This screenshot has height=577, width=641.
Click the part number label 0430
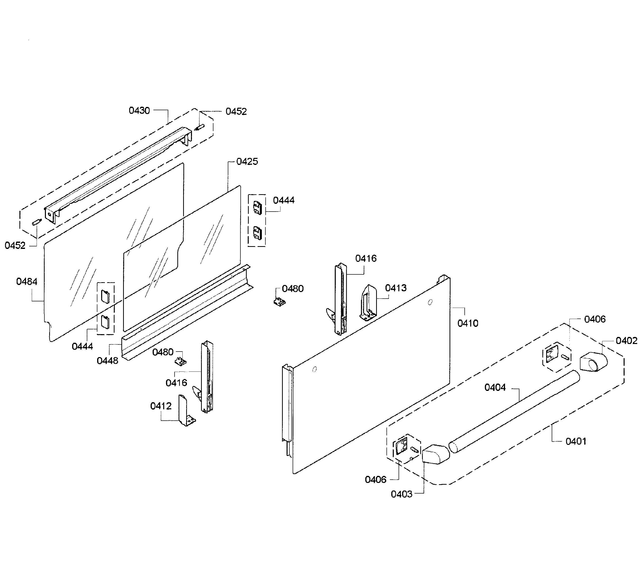(139, 111)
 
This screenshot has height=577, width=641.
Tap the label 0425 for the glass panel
(247, 162)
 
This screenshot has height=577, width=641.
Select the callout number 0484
(27, 281)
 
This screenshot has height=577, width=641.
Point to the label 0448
(107, 361)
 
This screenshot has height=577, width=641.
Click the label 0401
(576, 441)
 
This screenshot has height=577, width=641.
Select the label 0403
(401, 494)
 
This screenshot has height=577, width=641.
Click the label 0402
(626, 341)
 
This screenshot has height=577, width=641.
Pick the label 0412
(161, 406)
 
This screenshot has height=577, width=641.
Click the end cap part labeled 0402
(593, 361)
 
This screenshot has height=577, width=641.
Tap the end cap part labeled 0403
(435, 455)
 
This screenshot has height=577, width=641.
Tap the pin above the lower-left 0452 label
(37, 222)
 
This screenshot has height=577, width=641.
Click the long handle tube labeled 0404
(514, 412)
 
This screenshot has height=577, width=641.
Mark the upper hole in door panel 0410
(430, 302)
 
